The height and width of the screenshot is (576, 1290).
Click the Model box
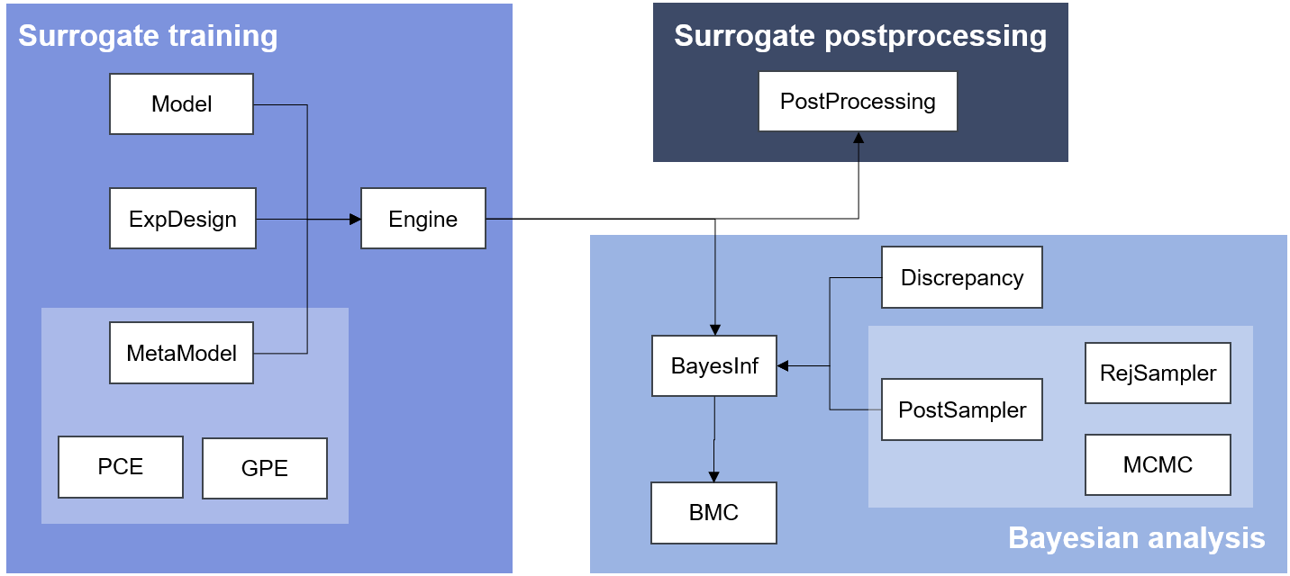(181, 104)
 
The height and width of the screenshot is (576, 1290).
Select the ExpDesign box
(183, 219)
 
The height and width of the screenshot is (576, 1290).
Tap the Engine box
(423, 219)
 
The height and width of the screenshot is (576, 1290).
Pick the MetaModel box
(181, 353)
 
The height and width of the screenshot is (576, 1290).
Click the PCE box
(121, 467)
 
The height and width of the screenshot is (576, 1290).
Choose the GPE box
(265, 468)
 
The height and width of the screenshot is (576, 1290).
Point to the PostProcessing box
(858, 102)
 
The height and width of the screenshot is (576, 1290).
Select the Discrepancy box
(962, 277)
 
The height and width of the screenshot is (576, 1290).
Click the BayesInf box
(714, 366)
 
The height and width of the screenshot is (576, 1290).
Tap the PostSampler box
(962, 409)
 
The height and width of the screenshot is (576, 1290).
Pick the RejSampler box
(1158, 373)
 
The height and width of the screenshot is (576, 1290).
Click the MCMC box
(1158, 465)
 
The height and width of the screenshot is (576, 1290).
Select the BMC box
(714, 513)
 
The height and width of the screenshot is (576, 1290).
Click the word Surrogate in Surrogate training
(88, 36)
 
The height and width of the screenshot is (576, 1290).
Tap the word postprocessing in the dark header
(936, 36)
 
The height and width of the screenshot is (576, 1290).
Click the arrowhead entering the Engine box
(355, 220)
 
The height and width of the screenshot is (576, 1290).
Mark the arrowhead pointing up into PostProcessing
(858, 138)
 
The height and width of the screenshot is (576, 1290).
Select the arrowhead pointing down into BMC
(714, 476)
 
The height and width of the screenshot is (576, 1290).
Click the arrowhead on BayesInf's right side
(783, 366)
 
